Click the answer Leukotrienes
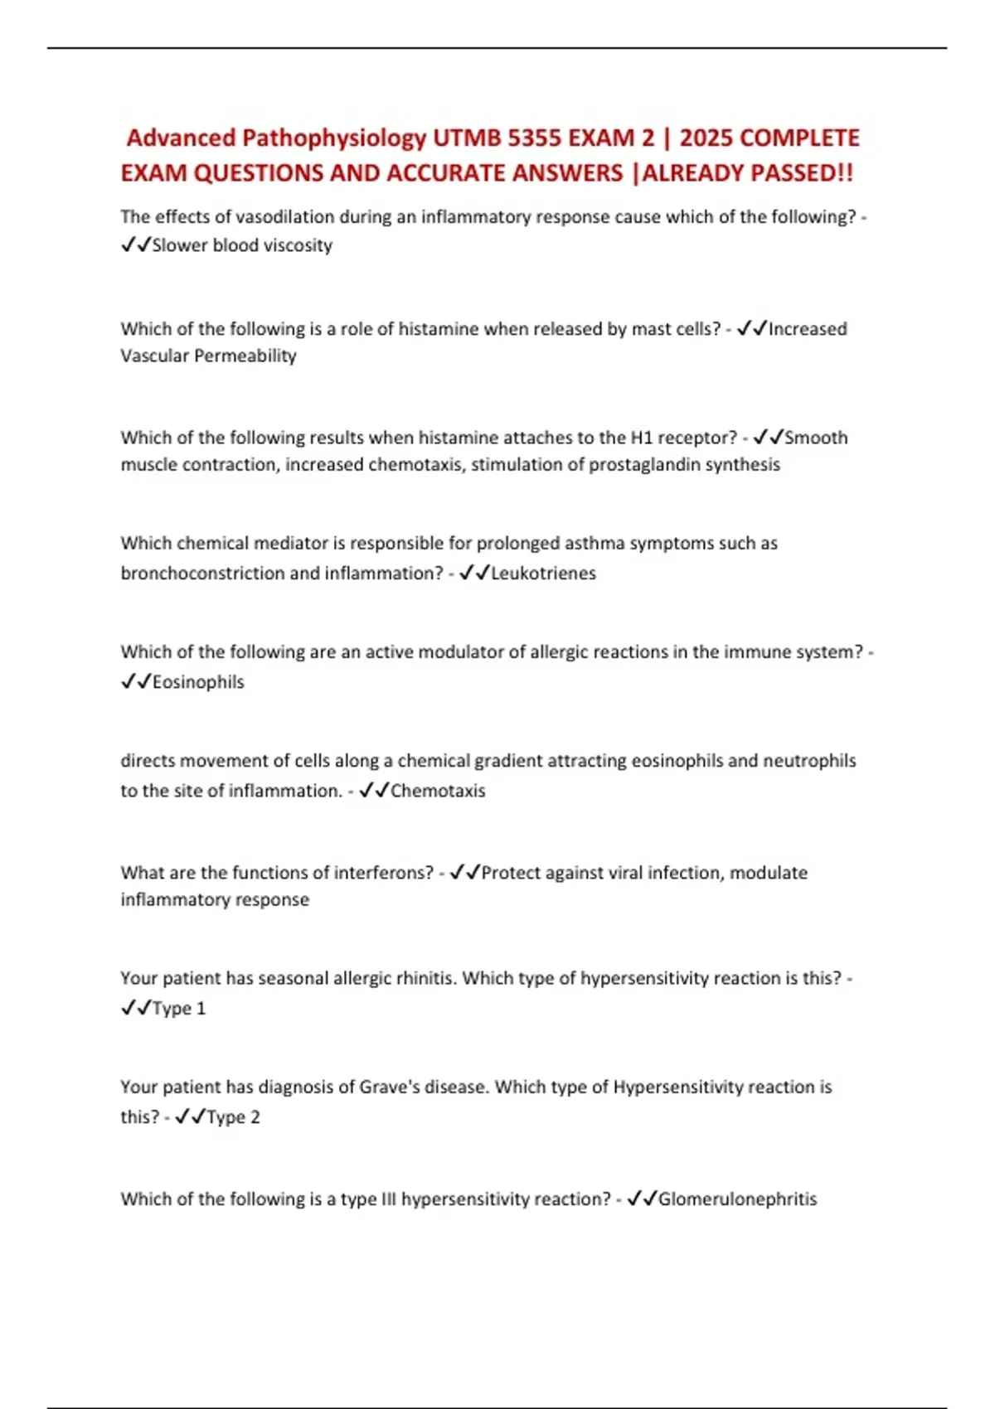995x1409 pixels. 543,573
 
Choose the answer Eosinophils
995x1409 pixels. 198,682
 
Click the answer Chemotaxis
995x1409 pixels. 438,791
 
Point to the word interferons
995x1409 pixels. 383,873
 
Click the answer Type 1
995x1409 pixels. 179,1009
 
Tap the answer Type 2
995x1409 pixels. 233,1117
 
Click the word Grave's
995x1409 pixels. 389,1087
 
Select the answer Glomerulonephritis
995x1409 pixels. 737,1199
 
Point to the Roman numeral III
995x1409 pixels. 388,1199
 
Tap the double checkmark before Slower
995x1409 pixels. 135,245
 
